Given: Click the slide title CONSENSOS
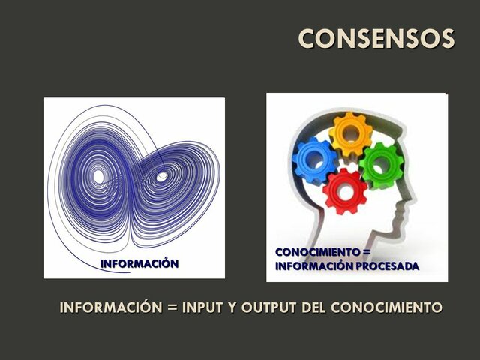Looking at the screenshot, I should pyautogui.click(x=376, y=38).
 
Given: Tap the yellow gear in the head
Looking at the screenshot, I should pyautogui.click(x=350, y=134).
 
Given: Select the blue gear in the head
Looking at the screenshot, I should pyautogui.click(x=314, y=160).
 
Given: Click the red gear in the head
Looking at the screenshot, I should pyautogui.click(x=346, y=191).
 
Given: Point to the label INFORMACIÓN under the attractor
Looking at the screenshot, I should pyautogui.click(x=139, y=263).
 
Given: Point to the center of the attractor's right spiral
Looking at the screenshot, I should pyautogui.click(x=161, y=178).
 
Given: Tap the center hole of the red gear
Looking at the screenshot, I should pyautogui.click(x=346, y=191).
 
